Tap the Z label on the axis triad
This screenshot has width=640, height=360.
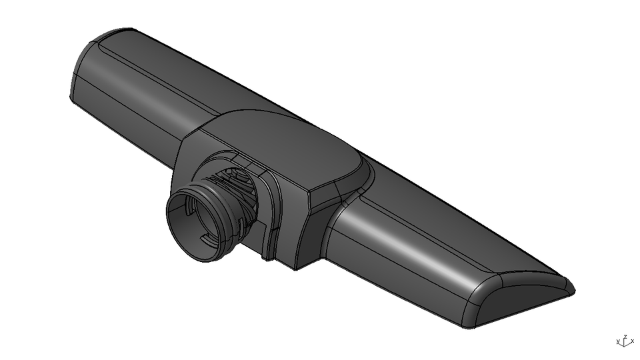click(625, 337)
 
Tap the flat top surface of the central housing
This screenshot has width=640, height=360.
click(287, 143)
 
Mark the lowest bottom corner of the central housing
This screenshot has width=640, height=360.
click(295, 268)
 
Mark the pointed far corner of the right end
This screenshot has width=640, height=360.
click(572, 291)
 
